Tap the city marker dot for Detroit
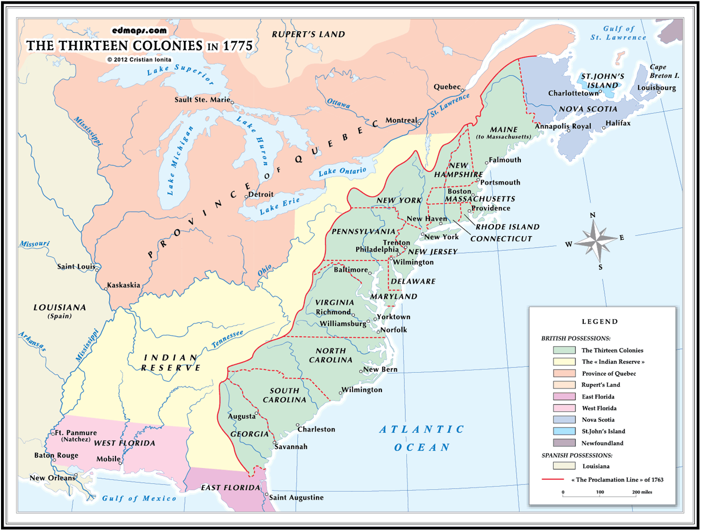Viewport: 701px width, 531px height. pos(246,197)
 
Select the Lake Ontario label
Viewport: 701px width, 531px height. pos(342,172)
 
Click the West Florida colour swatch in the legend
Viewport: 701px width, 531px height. pos(564,408)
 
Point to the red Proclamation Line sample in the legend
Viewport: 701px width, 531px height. pos(552,480)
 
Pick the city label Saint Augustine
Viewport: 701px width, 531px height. pos(296,498)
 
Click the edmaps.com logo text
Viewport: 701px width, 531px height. pos(139,31)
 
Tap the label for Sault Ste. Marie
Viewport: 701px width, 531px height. pos(202,100)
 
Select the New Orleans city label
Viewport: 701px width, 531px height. pos(52,478)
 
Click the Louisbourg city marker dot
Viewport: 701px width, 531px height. pos(659,93)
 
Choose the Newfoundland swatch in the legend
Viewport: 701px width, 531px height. pos(564,443)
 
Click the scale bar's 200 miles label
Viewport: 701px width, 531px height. pos(642,492)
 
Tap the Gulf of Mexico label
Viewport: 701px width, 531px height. pos(139,498)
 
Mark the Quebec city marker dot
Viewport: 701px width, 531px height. pos(462,89)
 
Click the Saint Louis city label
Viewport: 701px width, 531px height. pos(76,267)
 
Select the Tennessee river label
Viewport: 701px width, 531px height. pos(227,339)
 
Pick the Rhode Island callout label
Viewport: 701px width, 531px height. pos(507,227)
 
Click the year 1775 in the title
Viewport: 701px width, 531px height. pos(237,46)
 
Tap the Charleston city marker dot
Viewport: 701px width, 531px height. pos(298,425)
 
